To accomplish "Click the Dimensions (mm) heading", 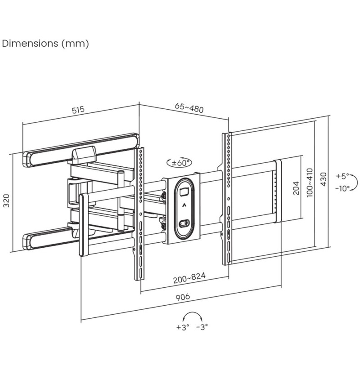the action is click(45, 44).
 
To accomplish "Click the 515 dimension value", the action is click(78, 110).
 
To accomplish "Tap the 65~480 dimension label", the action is click(189, 108).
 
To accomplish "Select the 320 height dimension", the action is click(6, 201).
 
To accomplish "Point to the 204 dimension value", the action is click(296, 188).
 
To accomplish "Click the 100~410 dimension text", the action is click(310, 183).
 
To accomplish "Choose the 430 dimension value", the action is click(324, 179).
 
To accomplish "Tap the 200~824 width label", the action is click(189, 278).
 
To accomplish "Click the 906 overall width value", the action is click(183, 297).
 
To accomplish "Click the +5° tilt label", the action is click(342, 176).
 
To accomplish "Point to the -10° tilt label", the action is click(342, 188).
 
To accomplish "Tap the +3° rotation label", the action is click(183, 327).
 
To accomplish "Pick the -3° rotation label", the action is click(202, 327).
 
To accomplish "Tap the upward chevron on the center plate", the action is click(184, 205).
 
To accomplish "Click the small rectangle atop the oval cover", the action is click(184, 191).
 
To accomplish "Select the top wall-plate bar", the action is click(80, 150).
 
